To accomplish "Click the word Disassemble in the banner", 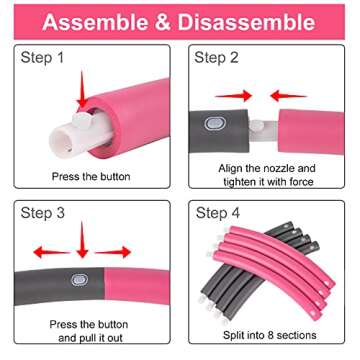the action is pos(246,22).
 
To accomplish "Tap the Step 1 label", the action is pos(42,58).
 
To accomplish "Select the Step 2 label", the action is pos(216,58).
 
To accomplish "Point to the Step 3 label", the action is pos(43,213).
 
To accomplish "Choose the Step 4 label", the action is pos(218,213).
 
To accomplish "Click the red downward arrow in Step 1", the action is pos(82,89).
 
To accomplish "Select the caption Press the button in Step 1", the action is pos(91,176).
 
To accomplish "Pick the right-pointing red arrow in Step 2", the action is pos(233,96).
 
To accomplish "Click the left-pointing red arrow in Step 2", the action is pos(289,96).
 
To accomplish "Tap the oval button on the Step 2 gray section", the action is pos(212,123).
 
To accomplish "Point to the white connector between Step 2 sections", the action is pos(263,131).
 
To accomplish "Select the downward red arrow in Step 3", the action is pos(82,240).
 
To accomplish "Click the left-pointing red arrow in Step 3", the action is pos(52,252).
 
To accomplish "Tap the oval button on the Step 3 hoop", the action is pos(80,280).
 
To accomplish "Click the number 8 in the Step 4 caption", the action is pos(271,335).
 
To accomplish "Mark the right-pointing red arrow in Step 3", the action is pos(113,252).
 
